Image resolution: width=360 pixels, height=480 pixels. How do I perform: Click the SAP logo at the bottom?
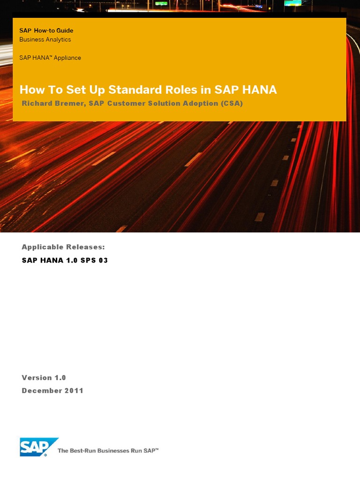click(39, 447)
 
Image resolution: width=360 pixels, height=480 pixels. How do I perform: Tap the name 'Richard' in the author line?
click(37, 104)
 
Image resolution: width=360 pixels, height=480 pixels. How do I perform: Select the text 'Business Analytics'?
click(45, 39)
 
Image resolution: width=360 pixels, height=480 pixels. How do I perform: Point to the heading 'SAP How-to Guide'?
click(46, 30)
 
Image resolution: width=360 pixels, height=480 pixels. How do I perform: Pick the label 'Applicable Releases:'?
click(63, 247)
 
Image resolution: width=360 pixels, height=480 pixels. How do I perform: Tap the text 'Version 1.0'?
click(44, 377)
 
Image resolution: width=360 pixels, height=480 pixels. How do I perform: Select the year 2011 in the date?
click(74, 390)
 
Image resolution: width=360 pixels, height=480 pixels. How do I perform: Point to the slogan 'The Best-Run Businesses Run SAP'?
click(108, 450)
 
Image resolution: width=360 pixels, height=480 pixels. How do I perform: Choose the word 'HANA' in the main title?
click(259, 90)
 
